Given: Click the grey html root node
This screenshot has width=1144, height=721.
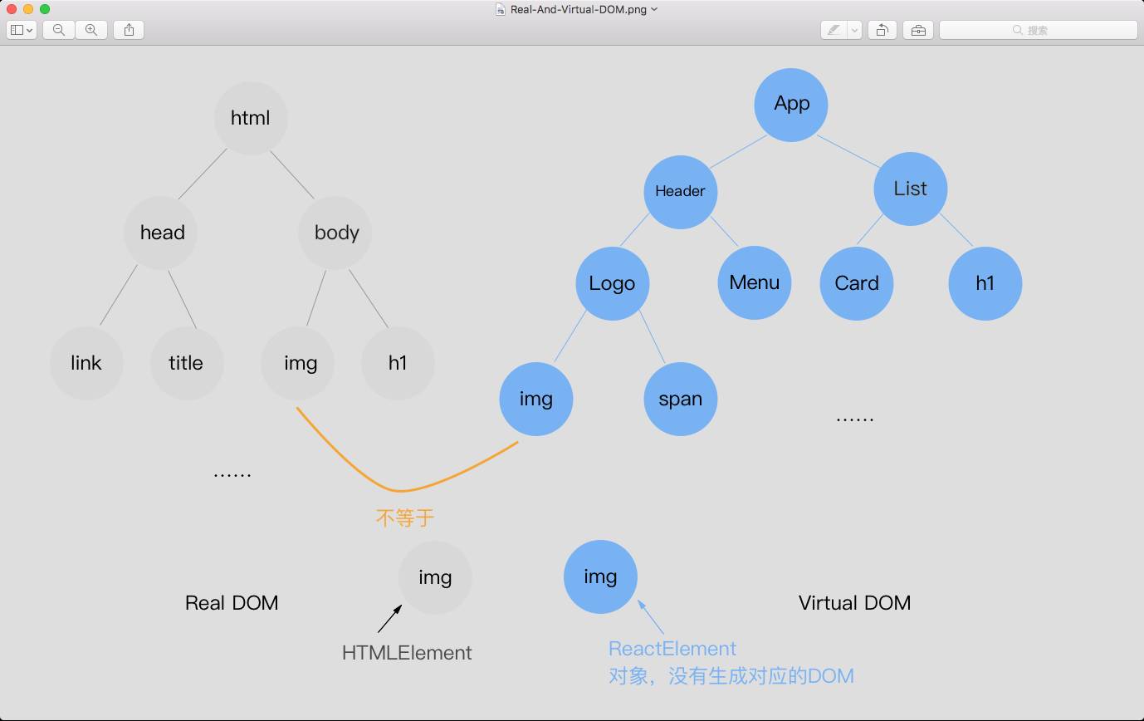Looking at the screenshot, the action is point(251,118).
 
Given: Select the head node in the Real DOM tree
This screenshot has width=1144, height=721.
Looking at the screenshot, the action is point(162,233).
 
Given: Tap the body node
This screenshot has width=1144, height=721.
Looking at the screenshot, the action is point(335,233).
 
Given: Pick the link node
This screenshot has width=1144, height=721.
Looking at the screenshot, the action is point(86,363).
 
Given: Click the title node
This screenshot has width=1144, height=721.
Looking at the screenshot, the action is point(186,363).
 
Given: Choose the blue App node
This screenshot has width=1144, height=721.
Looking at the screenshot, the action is point(791,104).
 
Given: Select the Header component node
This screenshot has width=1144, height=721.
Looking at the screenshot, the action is point(680,191).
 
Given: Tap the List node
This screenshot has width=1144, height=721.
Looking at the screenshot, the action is point(910,189).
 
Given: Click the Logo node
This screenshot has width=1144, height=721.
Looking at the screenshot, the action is point(612,283).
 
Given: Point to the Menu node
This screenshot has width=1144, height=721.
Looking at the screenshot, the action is point(754,282).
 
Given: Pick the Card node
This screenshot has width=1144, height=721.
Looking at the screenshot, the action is point(856,283).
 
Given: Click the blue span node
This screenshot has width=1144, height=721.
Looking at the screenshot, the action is point(680,399).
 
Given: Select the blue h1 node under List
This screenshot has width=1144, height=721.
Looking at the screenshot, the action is point(985,283).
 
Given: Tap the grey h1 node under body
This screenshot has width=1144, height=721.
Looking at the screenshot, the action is point(398,363).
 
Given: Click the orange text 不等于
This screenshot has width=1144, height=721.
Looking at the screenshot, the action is point(405,518).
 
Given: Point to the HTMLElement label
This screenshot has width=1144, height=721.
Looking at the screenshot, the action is point(407,653).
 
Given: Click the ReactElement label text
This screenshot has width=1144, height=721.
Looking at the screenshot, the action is point(672,649).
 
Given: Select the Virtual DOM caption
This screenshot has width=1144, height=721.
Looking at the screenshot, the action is point(854,603).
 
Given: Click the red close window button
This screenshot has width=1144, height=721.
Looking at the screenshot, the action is point(12,9).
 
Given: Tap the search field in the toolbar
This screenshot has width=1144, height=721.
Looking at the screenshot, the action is point(1038,30).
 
